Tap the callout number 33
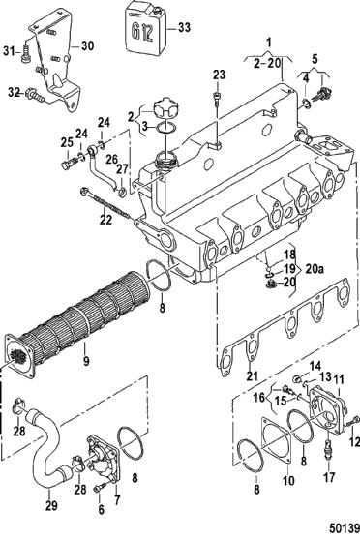(184, 27)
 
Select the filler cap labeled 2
(165, 109)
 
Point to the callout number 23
(219, 75)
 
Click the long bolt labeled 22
(105, 204)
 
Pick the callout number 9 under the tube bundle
(86, 361)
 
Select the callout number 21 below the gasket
(252, 375)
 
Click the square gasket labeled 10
(278, 442)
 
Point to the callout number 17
(329, 477)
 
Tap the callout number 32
(14, 92)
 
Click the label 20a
(315, 269)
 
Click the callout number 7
(117, 499)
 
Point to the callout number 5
(315, 59)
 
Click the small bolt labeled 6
(100, 488)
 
